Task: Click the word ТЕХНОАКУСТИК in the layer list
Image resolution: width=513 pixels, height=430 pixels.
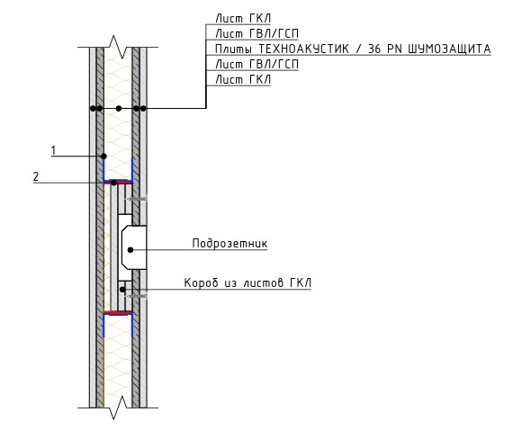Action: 303,49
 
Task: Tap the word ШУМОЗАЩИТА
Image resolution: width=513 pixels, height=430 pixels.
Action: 449,49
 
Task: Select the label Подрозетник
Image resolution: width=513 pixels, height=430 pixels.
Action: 229,243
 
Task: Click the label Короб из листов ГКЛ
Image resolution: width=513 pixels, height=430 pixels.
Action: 247,282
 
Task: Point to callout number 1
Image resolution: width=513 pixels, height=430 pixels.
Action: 53,151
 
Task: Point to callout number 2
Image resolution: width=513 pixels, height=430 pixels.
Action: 36,177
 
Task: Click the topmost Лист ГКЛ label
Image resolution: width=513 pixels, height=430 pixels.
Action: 243,18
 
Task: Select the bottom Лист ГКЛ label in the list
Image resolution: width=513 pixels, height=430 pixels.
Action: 243,79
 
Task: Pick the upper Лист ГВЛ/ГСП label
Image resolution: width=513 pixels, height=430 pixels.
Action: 256,33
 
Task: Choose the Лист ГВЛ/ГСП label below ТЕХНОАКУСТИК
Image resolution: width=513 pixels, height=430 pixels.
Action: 256,64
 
